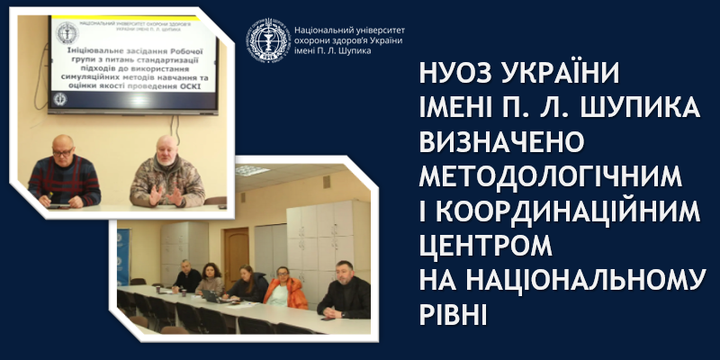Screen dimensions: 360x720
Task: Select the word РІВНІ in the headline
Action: point(454,316)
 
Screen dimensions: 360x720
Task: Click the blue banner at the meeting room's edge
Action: point(124,256)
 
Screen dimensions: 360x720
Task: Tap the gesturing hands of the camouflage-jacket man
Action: point(157,193)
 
